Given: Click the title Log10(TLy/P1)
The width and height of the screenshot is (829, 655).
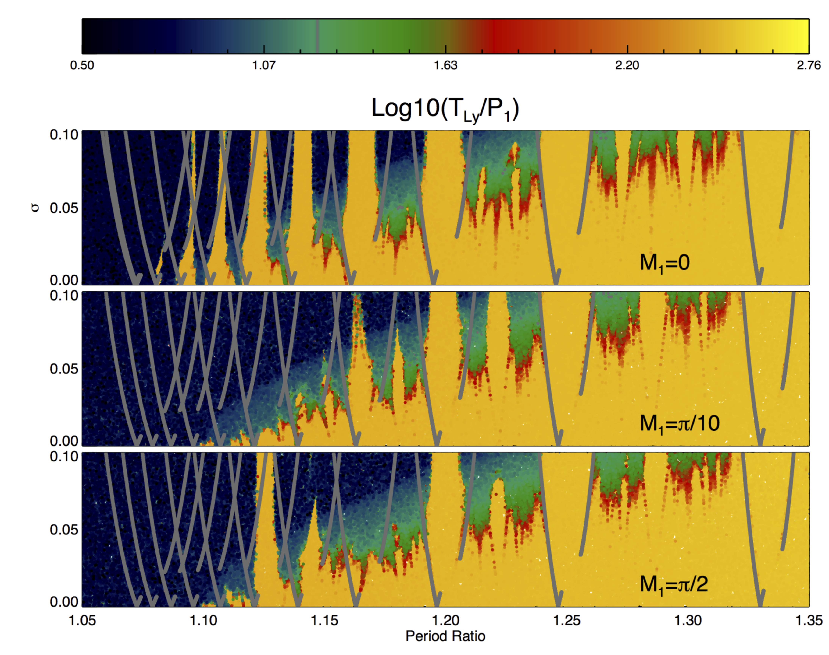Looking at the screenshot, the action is pos(445,109).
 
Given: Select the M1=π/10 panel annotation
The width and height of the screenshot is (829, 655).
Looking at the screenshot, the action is pos(679,424).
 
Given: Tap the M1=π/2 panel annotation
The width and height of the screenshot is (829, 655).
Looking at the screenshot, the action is pos(674,584).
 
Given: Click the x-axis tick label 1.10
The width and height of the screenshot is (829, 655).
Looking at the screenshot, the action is pos(203,621).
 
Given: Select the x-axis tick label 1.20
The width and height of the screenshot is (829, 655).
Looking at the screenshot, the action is pos(446,621).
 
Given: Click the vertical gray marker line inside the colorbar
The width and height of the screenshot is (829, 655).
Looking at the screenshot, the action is pos(317,36).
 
